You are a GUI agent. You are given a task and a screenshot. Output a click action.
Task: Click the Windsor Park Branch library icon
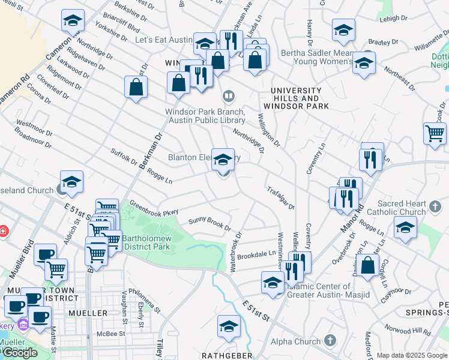pos(228,96)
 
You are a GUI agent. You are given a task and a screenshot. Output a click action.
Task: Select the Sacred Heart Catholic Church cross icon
pos(436,207)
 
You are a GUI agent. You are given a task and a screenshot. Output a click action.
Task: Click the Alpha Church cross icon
pos(329,341)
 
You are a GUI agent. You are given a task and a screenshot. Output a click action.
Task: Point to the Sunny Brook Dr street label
pos(209,223)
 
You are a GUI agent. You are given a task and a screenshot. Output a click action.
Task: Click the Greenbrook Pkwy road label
pos(154,208)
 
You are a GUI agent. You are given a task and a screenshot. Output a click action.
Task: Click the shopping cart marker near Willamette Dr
pos(435,133)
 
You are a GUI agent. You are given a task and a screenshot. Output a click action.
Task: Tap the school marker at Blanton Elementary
pos(223,160)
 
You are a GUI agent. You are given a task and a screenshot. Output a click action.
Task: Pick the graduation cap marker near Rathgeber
pos(228,326)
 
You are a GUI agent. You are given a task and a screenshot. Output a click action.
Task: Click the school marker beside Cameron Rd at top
pos(73,21)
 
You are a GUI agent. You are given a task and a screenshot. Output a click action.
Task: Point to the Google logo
pos(20,353)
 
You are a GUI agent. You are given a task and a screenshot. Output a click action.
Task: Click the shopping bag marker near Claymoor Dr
pos(367,265)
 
